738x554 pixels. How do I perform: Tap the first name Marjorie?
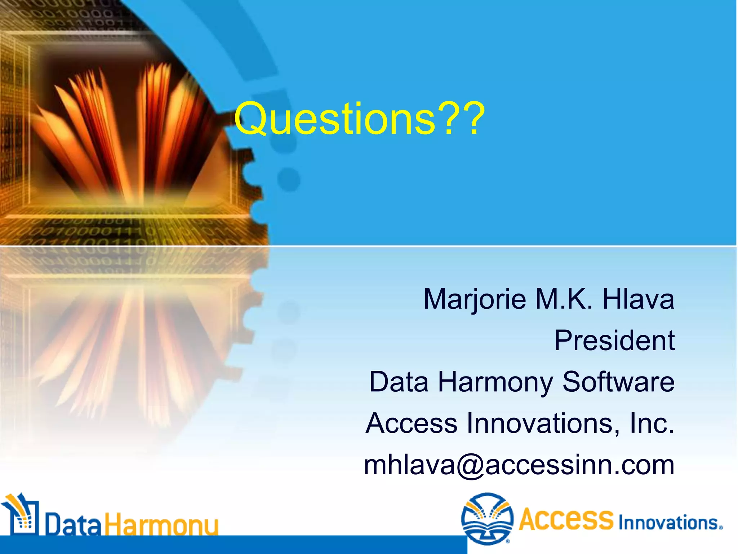(x=475, y=299)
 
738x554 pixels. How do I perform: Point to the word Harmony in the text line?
(x=495, y=382)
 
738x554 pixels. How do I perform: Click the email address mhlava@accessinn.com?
(x=519, y=465)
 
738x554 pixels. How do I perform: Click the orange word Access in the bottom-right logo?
(x=566, y=519)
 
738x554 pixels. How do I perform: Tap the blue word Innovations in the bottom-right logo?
(x=669, y=523)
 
